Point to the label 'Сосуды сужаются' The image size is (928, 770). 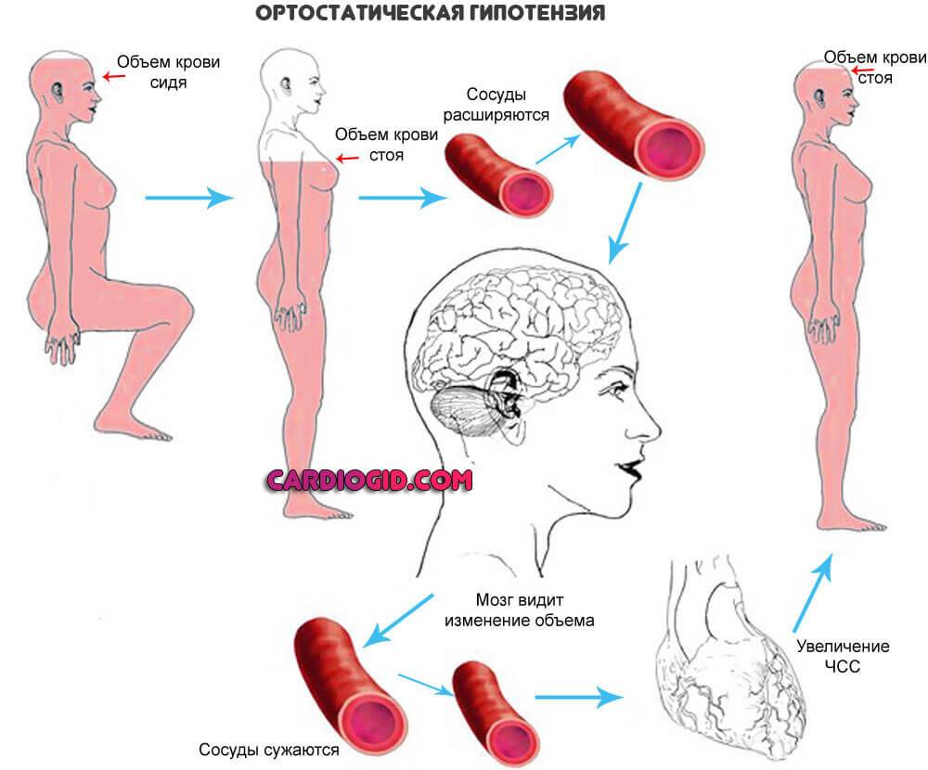point(269,749)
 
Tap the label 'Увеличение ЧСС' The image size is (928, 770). point(842,656)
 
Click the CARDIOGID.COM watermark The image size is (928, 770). point(368,480)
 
